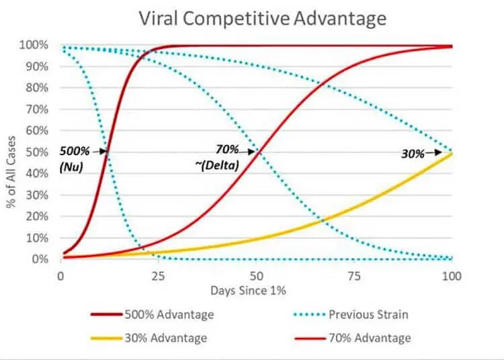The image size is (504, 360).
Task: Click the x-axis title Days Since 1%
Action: coord(256,291)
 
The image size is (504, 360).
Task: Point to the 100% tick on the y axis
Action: coord(38,46)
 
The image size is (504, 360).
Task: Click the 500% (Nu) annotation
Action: coord(74,158)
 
